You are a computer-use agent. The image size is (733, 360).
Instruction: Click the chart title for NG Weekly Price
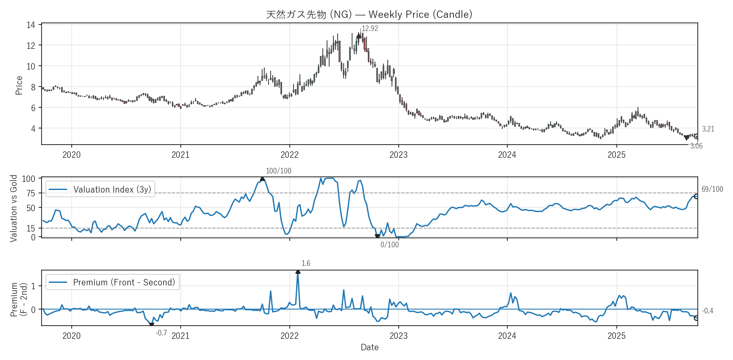[369, 14]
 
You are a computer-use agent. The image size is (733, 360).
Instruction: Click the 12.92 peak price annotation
[369, 28]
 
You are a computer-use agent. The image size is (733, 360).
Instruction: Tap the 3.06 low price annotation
[696, 146]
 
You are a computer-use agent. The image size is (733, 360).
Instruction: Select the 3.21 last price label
[708, 129]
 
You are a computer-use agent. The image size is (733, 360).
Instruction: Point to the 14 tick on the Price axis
[31, 25]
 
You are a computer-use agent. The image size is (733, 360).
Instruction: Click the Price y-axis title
[19, 85]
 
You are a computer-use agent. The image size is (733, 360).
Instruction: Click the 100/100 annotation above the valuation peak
[278, 171]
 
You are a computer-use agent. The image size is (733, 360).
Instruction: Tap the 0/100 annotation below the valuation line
[389, 245]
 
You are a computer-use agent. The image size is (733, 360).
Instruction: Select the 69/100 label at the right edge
[712, 189]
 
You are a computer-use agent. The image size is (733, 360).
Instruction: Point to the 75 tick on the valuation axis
[31, 193]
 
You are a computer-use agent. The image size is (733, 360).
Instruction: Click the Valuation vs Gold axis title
[14, 208]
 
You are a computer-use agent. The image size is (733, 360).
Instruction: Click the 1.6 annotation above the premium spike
[306, 263]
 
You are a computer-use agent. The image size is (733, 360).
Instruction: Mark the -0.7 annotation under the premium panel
[161, 333]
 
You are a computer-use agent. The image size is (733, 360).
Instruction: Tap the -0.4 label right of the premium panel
[708, 311]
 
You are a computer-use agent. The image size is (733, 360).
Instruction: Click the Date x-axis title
[369, 347]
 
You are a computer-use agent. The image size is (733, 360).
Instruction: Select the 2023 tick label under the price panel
[398, 155]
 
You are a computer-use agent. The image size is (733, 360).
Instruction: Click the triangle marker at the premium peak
[298, 271]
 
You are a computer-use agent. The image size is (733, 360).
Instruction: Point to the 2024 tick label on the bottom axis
[507, 336]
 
